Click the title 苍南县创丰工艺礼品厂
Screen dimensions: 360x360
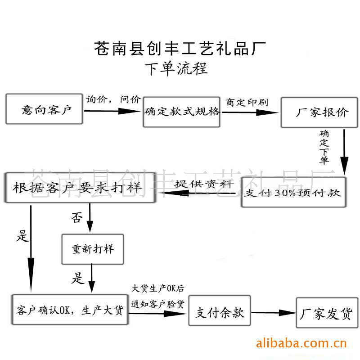(180, 48)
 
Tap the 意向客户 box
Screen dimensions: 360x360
(45, 109)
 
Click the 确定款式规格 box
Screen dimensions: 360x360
(182, 112)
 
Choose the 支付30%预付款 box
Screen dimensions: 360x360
(293, 193)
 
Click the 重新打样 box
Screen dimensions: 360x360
(93, 249)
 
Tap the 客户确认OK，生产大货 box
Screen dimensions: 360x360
(70, 310)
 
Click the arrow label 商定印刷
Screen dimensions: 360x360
(247, 103)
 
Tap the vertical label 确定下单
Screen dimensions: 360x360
(324, 147)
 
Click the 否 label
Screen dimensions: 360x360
(76, 218)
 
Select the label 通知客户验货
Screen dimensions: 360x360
(157, 304)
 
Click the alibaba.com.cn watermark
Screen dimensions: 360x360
(301, 344)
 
